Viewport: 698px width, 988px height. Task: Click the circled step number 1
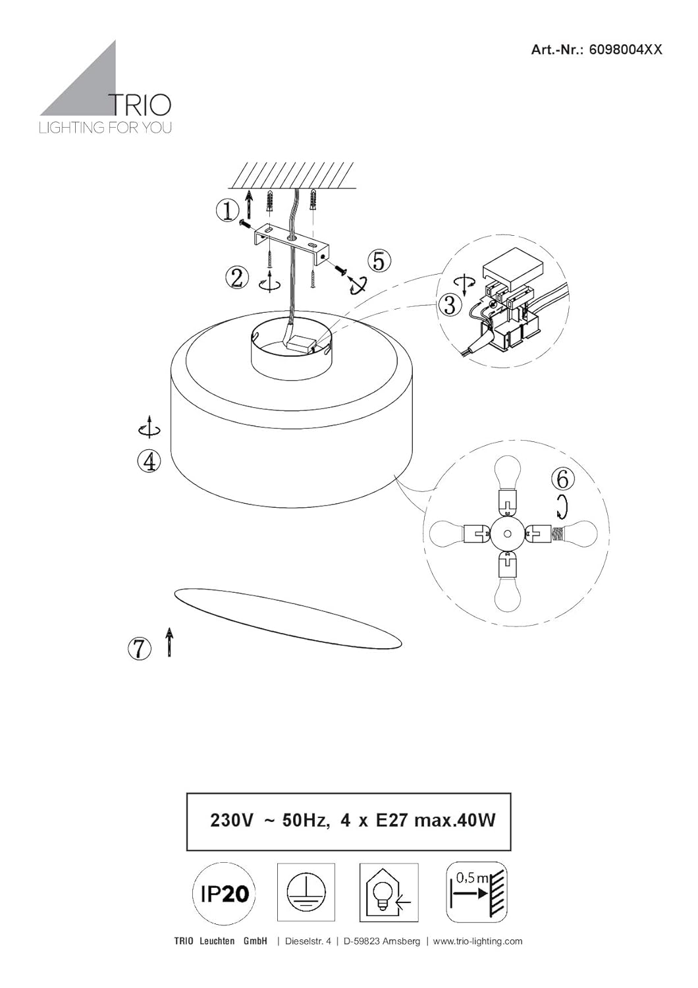click(228, 211)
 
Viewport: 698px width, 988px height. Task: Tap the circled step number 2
click(237, 278)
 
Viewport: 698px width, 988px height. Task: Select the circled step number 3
click(449, 305)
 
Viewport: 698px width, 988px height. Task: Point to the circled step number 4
click(149, 462)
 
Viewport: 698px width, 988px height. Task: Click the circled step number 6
click(562, 479)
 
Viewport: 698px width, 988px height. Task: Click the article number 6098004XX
click(624, 50)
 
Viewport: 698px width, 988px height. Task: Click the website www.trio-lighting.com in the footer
click(478, 941)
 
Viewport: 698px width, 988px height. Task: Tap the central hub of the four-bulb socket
click(507, 534)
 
